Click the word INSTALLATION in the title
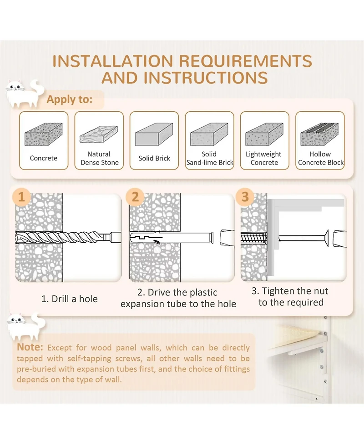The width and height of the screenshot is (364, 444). pyautogui.click(x=113, y=61)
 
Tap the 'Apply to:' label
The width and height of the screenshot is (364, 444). pyautogui.click(x=70, y=100)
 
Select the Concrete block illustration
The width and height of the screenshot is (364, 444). pyautogui.click(x=43, y=134)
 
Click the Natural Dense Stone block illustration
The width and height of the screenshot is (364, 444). pyautogui.click(x=99, y=134)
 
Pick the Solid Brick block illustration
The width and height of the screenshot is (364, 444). pyautogui.click(x=154, y=134)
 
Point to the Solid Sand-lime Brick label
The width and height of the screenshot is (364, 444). pyautogui.click(x=209, y=158)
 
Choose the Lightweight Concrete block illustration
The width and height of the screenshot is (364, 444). pyautogui.click(x=264, y=134)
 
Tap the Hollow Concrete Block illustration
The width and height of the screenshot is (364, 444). pyautogui.click(x=319, y=134)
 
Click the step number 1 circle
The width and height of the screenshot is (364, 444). pyautogui.click(x=21, y=197)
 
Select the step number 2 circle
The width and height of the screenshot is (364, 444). pyautogui.click(x=135, y=197)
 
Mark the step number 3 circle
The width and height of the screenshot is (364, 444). pyautogui.click(x=245, y=197)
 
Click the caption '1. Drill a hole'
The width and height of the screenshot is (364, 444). pyautogui.click(x=70, y=299)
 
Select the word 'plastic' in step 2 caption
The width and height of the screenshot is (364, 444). pyautogui.click(x=203, y=292)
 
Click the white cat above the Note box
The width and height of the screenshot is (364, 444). pyautogui.click(x=26, y=326)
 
